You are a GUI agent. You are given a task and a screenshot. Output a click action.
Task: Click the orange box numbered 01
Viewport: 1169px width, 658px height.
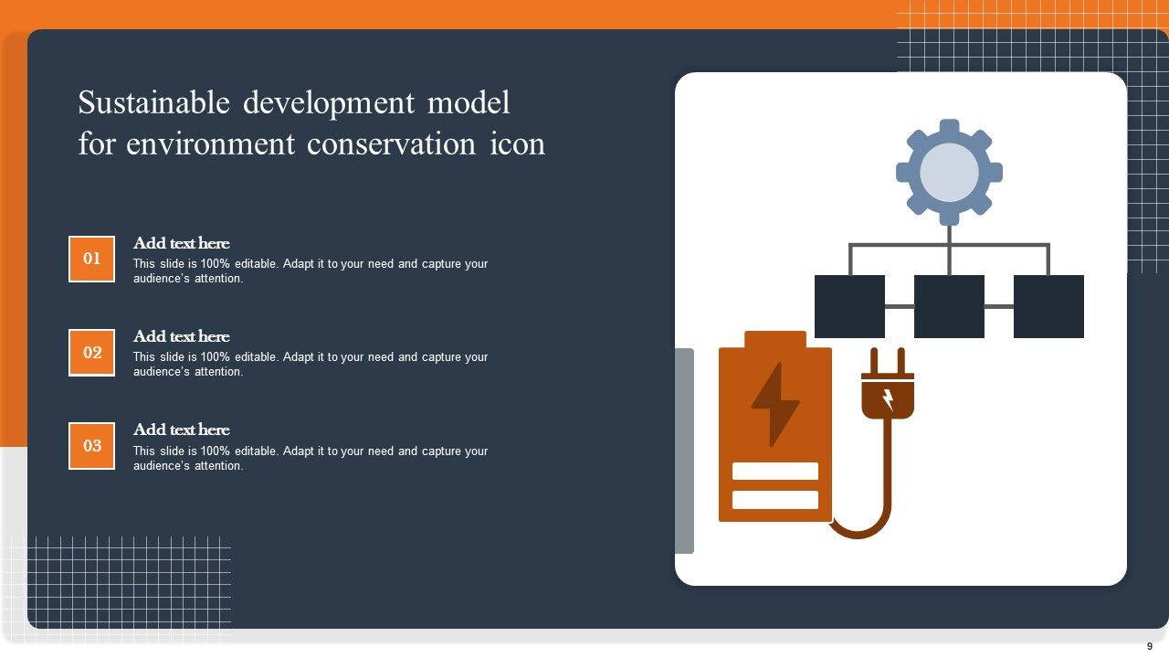point(92,259)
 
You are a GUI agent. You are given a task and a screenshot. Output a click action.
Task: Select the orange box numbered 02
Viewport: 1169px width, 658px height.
point(92,353)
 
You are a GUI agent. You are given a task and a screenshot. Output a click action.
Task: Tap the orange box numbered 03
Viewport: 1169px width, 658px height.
point(92,446)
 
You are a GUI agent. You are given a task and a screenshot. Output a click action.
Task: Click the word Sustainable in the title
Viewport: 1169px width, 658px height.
point(154,103)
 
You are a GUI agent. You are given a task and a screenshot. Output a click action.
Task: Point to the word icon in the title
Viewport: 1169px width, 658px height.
point(518,144)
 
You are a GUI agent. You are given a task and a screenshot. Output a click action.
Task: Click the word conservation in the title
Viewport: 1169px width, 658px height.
point(391,144)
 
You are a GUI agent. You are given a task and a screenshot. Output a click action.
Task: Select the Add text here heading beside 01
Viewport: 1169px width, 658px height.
point(182,243)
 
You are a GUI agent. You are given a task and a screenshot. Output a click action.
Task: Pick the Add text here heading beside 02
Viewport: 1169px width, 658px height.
point(182,336)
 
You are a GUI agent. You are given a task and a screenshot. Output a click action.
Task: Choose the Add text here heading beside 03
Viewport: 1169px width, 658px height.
point(182,430)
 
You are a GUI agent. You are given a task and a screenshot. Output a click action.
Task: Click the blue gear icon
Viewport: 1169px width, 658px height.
point(950,132)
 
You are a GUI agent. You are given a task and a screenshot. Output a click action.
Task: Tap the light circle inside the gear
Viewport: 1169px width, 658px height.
point(950,172)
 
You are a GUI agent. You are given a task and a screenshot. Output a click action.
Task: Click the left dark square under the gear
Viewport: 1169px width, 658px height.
point(849,306)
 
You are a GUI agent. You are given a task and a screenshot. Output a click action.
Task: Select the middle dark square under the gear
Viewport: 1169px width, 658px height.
point(949,306)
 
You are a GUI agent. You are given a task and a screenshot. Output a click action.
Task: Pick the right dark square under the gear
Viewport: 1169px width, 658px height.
point(1048,306)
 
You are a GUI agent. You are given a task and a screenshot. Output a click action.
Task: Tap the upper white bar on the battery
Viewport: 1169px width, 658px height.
point(775,471)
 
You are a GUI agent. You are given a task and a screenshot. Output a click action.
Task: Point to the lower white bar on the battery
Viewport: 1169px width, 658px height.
point(775,500)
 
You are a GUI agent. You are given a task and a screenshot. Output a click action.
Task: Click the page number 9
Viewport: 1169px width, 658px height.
point(1150,646)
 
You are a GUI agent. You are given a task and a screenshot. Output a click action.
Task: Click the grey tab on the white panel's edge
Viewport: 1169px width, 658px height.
point(684,451)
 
